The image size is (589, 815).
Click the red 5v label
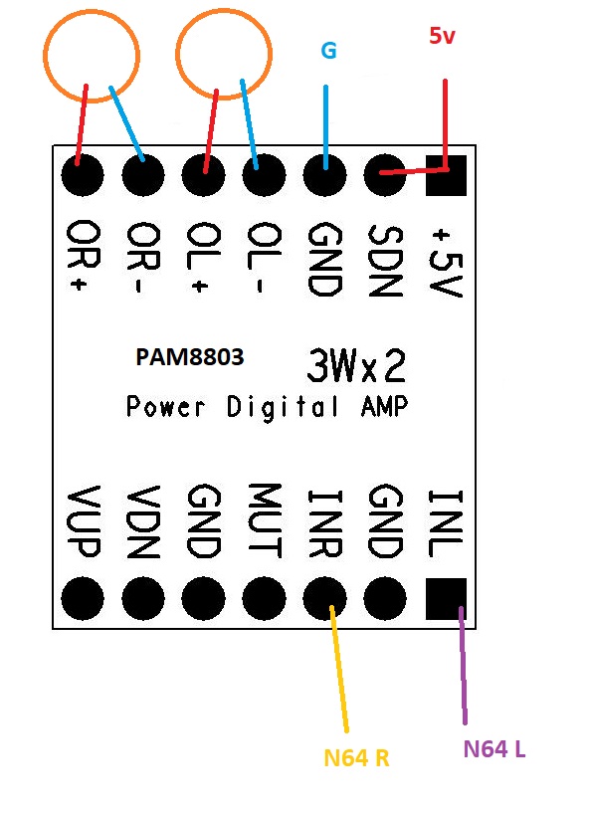click(442, 36)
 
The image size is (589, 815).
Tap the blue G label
click(328, 51)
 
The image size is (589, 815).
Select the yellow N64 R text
click(356, 758)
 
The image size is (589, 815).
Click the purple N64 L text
click(493, 749)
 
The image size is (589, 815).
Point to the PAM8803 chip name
click(190, 357)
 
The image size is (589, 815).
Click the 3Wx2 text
click(356, 365)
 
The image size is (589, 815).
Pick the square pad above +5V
click(446, 175)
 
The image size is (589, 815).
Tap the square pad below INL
click(446, 599)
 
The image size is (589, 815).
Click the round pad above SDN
click(385, 175)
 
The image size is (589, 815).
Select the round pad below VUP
click(83, 598)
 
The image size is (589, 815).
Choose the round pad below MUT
click(264, 598)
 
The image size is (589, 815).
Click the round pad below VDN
click(143, 598)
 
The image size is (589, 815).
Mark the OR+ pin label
click(84, 255)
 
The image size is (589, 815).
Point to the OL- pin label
click(264, 259)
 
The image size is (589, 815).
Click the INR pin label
click(325, 523)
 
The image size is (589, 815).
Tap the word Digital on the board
click(283, 407)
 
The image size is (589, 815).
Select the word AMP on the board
click(384, 405)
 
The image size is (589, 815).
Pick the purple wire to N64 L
click(463, 666)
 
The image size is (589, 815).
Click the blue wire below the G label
click(326, 127)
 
